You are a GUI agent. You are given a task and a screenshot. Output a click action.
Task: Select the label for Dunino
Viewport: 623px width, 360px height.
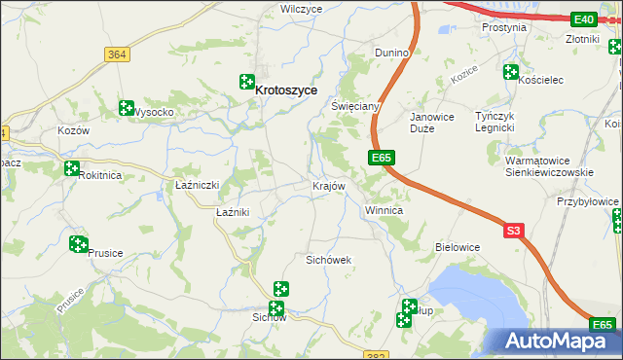click(x=391, y=52)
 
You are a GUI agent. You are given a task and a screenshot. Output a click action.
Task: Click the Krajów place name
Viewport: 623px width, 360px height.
click(x=328, y=186)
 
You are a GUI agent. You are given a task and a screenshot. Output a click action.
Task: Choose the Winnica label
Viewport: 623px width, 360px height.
click(x=384, y=210)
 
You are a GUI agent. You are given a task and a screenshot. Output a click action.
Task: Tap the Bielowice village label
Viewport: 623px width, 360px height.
click(x=458, y=247)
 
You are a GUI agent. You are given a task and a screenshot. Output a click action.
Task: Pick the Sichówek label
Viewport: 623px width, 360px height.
click(x=328, y=260)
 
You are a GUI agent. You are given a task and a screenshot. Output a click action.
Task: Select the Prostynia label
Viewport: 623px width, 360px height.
click(x=504, y=27)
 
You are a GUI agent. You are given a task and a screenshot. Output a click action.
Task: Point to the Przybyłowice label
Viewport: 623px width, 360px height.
click(x=587, y=201)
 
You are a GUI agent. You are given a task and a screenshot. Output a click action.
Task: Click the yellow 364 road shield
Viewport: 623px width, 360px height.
click(x=117, y=55)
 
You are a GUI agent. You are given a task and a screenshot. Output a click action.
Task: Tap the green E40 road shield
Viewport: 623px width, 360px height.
click(x=584, y=18)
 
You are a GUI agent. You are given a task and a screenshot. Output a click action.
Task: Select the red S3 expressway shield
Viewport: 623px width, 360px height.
click(x=515, y=230)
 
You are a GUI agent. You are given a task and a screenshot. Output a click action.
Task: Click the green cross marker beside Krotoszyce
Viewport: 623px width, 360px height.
click(x=247, y=85)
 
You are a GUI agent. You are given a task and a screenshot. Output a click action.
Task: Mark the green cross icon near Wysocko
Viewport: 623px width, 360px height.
click(x=126, y=108)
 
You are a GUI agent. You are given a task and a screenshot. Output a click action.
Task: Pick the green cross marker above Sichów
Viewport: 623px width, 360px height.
click(x=280, y=289)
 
